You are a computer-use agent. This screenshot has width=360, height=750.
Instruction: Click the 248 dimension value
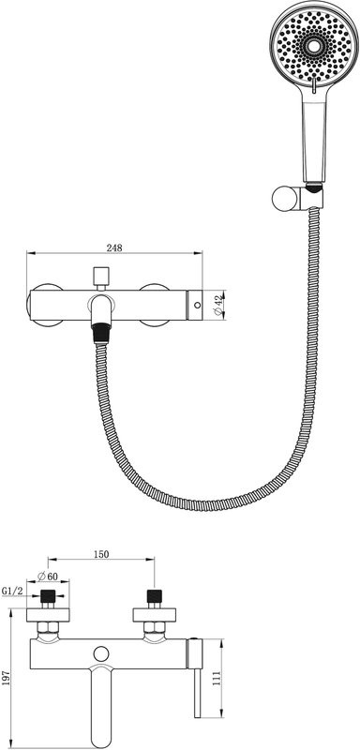[x=114, y=247]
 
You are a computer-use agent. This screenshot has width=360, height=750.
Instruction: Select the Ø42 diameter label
[x=218, y=305]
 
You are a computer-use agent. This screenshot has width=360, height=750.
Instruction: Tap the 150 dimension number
[x=101, y=554]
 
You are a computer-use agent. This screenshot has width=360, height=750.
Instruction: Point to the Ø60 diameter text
[x=47, y=576]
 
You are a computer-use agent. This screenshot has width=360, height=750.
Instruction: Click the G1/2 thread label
[x=12, y=592]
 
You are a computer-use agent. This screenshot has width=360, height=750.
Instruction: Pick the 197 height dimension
[x=6, y=678]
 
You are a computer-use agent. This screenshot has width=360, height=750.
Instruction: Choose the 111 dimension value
[x=217, y=678]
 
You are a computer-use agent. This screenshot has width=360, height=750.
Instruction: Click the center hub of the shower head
[x=314, y=46]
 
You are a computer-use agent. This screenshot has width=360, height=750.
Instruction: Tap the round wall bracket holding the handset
[x=284, y=200]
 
